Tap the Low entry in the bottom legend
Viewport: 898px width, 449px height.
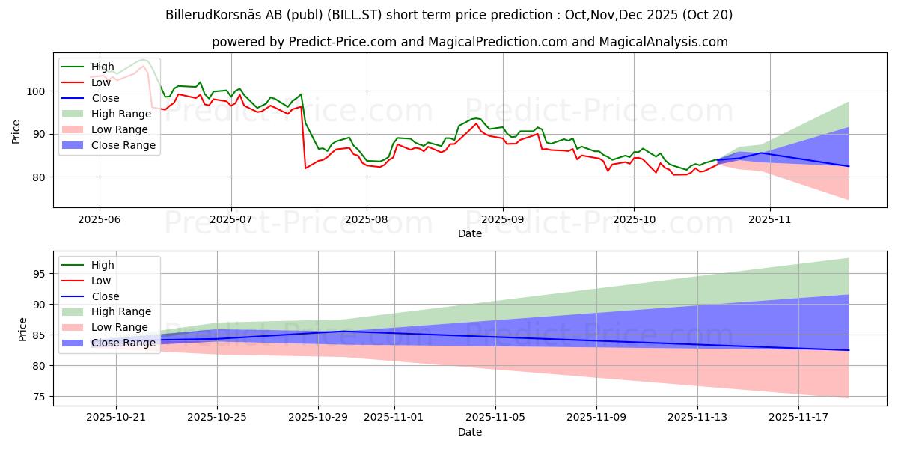(x=100, y=281)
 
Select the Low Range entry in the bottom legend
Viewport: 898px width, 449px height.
(x=119, y=327)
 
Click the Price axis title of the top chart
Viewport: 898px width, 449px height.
(x=16, y=130)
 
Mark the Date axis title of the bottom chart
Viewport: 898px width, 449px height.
(x=469, y=433)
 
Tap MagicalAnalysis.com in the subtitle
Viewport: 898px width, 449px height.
(x=663, y=42)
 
